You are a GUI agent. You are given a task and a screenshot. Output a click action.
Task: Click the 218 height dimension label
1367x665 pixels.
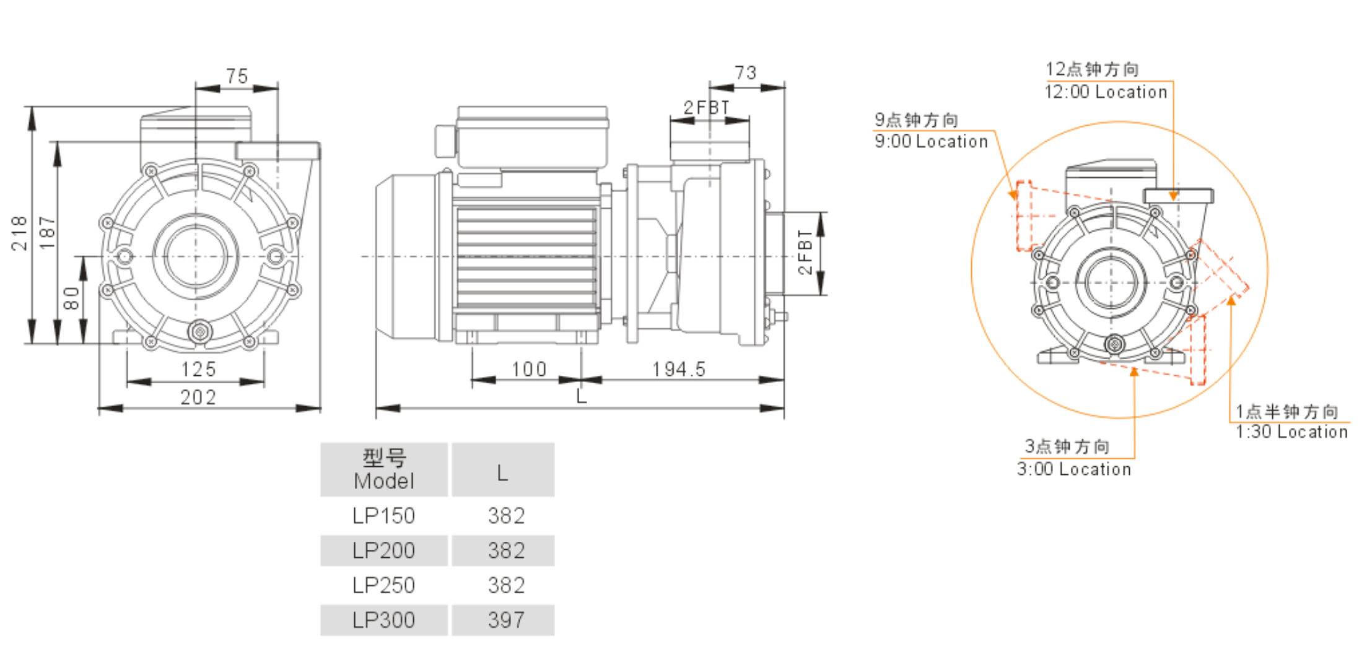19,233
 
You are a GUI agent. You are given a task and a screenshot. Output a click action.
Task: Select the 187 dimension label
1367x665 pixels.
47,233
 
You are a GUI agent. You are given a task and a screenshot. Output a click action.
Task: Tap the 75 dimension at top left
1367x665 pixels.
237,76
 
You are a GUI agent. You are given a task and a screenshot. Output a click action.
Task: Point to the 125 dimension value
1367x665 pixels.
198,370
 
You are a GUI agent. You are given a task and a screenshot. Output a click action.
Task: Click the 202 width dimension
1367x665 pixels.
198,398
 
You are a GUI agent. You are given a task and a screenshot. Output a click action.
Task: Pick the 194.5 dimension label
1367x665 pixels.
678,370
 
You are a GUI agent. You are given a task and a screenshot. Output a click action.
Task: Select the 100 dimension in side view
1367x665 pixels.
528,370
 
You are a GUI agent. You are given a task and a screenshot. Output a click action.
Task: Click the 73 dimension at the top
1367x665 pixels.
746,73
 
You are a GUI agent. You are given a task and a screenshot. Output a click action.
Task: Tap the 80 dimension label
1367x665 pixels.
72,298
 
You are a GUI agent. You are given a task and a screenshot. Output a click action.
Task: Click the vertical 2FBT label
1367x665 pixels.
805,252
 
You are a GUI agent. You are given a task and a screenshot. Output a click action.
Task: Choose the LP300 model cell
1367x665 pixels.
383,620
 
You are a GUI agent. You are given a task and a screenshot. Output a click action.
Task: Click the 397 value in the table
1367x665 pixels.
506,620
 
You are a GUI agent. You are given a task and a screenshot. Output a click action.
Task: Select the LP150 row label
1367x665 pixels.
383,516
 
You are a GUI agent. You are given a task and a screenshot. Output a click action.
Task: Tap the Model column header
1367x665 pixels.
383,470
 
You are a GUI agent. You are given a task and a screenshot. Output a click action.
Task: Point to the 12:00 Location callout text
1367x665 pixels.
1106,92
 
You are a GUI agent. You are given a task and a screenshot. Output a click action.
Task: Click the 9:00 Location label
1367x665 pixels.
931,142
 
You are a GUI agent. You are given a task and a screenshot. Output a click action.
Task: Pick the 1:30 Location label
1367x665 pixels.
1291,432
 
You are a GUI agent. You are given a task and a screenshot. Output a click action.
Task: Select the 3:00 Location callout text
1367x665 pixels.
1074,469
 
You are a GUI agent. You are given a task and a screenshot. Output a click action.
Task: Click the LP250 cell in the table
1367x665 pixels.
383,585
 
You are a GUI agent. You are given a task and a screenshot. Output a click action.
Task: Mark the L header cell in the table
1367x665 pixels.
502,474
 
